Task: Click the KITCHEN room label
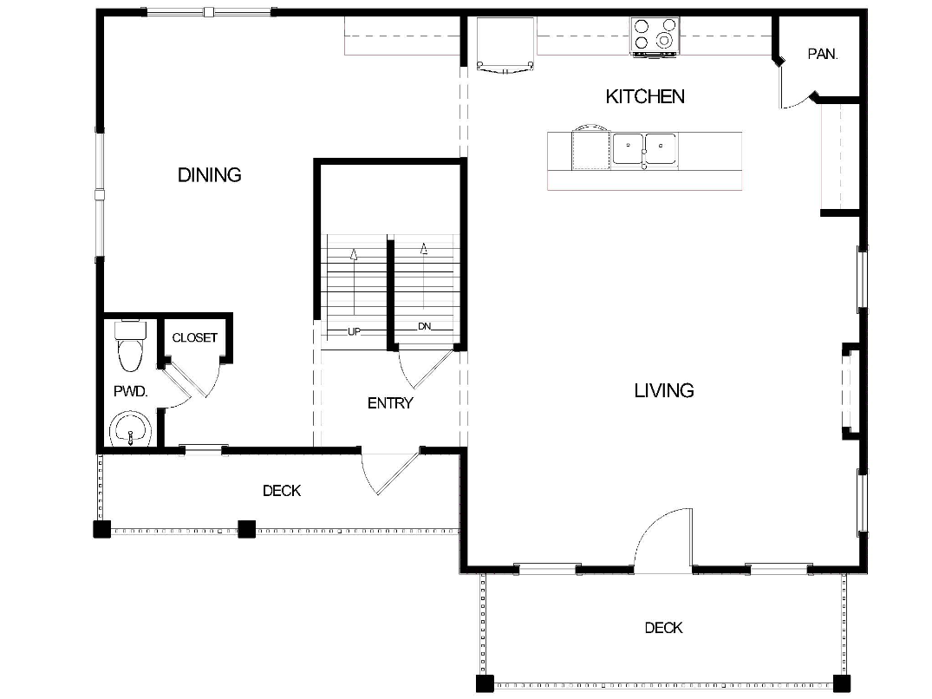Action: point(645,96)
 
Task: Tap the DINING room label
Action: point(209,175)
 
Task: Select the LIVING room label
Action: point(664,391)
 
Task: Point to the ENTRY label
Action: point(390,403)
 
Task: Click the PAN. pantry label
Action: point(822,54)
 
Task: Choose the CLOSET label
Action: point(194,337)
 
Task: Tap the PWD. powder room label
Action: point(131,392)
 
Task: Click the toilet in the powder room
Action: point(130,346)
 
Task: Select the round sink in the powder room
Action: point(130,429)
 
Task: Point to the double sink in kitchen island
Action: point(644,149)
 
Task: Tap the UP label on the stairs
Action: point(354,331)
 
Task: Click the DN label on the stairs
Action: point(424,327)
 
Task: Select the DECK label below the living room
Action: point(663,628)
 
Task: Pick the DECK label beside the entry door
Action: point(282,491)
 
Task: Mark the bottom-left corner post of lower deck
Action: point(485,682)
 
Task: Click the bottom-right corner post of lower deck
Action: point(841,682)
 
